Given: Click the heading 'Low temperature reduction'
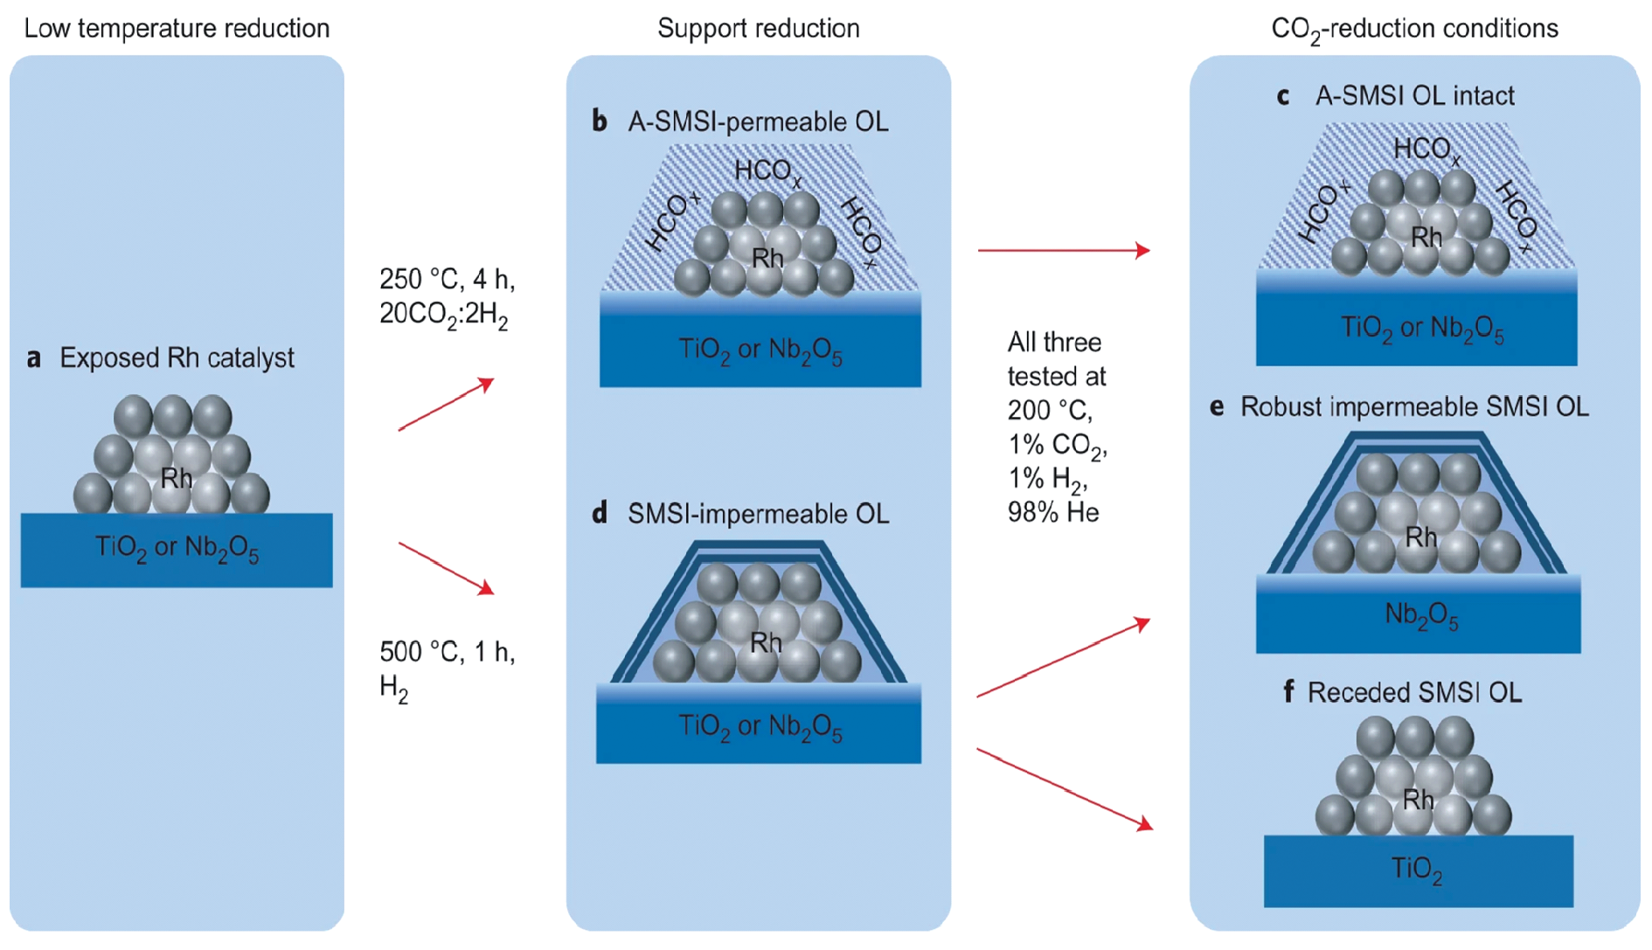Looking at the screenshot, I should [177, 29].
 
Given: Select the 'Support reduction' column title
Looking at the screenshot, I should [758, 29].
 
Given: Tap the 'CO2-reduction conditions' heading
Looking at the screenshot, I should [1413, 30].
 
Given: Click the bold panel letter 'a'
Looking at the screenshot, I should [34, 358].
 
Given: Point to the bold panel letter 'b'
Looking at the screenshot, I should [600, 121].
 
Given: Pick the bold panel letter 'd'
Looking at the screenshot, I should [600, 514].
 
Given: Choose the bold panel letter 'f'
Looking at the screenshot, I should [1288, 692].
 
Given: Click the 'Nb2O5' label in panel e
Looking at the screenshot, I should [1420, 616].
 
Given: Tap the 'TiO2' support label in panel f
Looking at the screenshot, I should [1416, 870].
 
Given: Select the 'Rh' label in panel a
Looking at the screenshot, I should [177, 478].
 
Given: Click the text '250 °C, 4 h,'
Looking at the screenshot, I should [447, 280].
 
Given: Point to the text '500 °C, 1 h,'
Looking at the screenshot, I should [447, 652].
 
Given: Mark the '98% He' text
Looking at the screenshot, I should [1052, 512].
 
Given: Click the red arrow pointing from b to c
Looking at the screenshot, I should [1063, 251].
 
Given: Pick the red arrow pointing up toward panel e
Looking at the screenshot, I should [1063, 659].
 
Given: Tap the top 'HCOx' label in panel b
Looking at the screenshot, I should [767, 171].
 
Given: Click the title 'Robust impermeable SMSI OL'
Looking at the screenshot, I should [1413, 407].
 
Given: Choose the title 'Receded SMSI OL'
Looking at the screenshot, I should [1413, 693].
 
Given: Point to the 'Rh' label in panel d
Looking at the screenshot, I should [766, 643].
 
